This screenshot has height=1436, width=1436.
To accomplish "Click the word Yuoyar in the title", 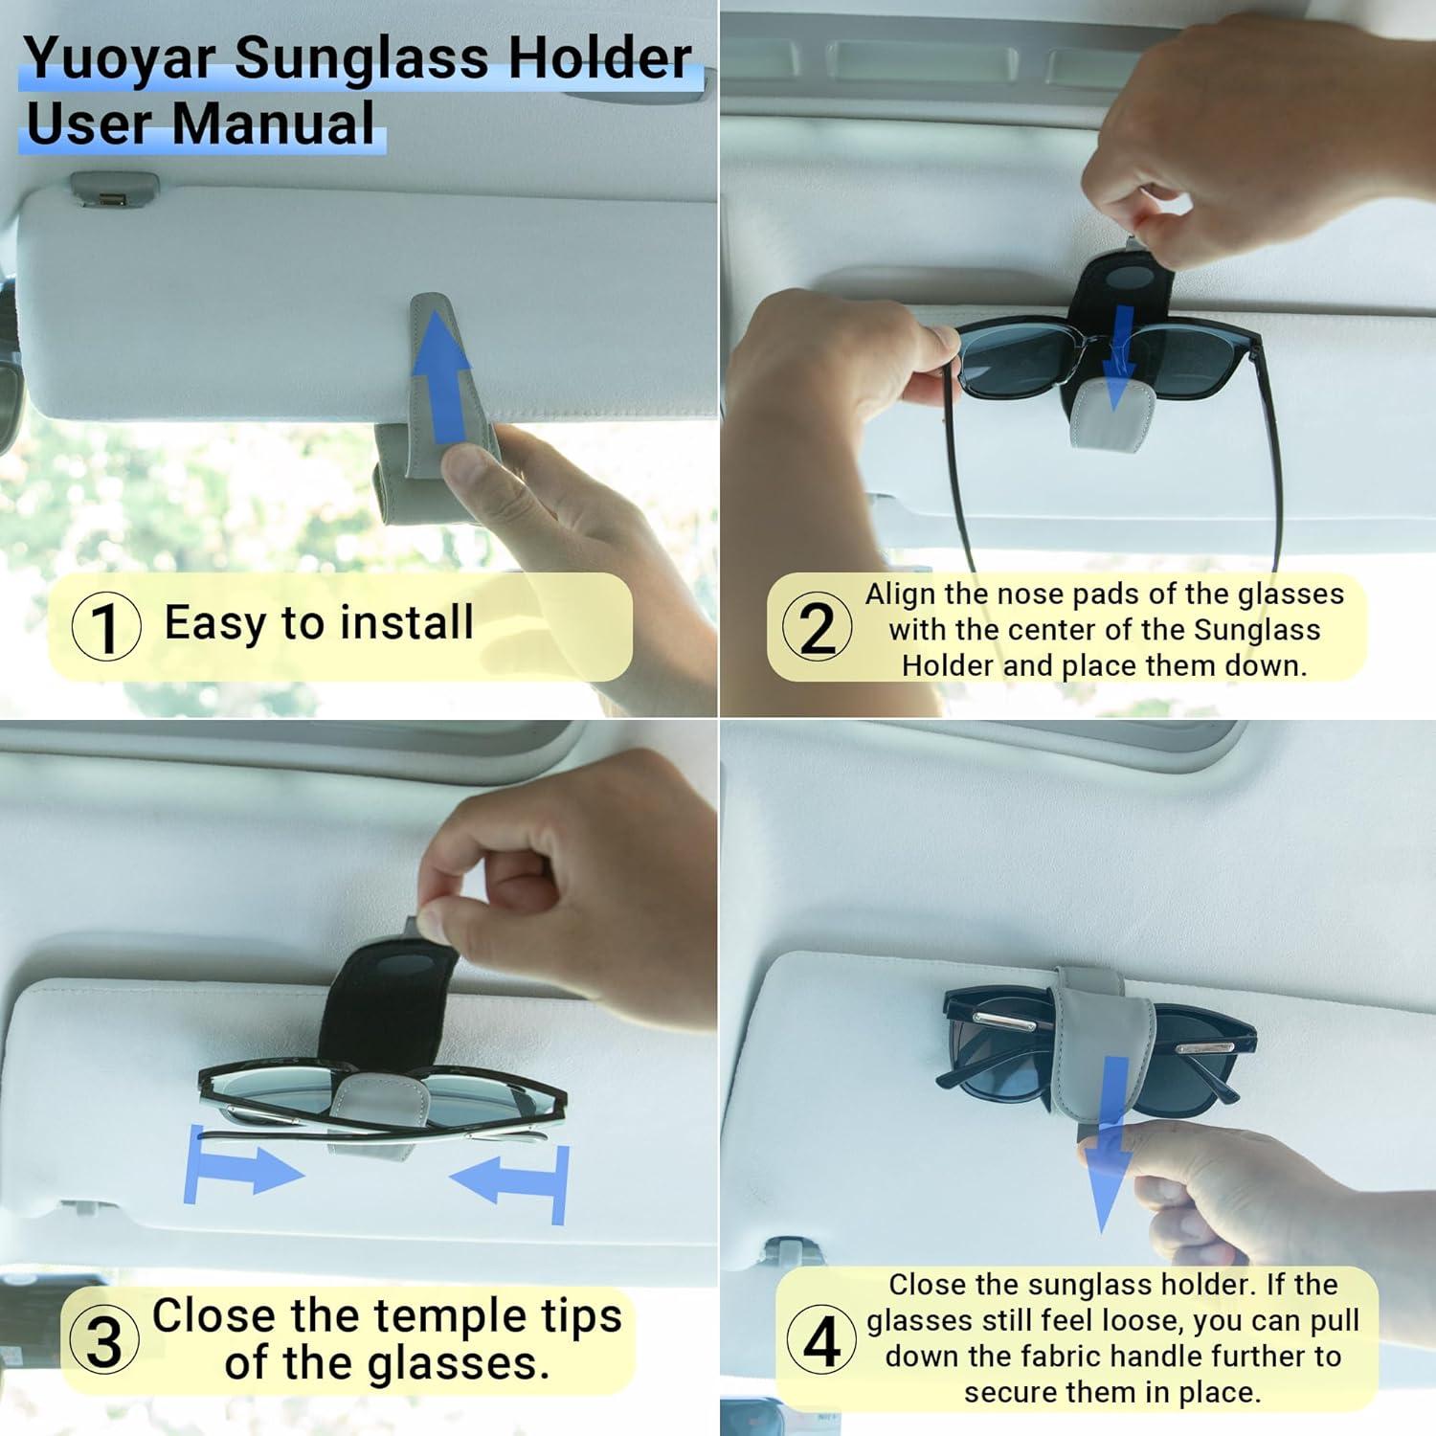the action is point(121,59).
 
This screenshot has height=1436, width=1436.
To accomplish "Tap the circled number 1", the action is point(106,628).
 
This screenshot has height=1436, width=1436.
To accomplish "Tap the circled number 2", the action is point(817,628).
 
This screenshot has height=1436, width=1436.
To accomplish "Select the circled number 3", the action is point(103,1339).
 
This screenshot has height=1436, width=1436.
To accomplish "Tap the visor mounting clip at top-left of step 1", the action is point(113,189).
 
